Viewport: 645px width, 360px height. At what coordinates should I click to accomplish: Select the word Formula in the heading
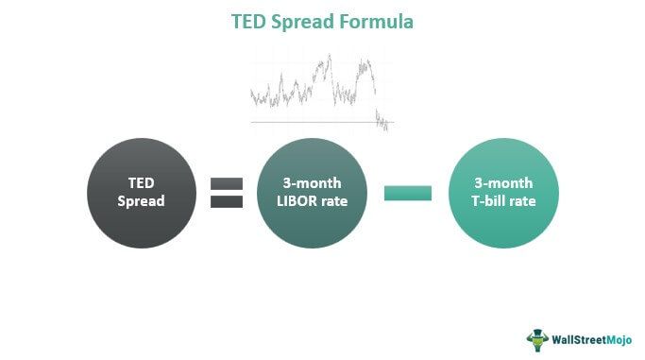378,21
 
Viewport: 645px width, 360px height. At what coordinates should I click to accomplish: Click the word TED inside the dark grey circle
141,183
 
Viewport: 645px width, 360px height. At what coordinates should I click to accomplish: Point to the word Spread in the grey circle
141,201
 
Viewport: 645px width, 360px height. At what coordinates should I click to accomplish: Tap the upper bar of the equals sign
226,183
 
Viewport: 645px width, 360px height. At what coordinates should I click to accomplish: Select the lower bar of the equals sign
226,200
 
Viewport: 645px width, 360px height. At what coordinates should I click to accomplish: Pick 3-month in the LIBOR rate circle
312,183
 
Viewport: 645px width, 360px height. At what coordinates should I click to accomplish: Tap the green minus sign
408,193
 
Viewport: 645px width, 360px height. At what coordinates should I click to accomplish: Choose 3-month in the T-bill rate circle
503,183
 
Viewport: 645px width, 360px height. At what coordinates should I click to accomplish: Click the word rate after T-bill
525,201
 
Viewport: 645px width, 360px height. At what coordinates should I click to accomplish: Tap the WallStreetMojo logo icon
537,336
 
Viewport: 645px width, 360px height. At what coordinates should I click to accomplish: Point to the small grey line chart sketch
321,90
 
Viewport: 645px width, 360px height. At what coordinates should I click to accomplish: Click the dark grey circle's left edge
87,193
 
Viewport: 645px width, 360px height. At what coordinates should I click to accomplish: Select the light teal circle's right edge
559,193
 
